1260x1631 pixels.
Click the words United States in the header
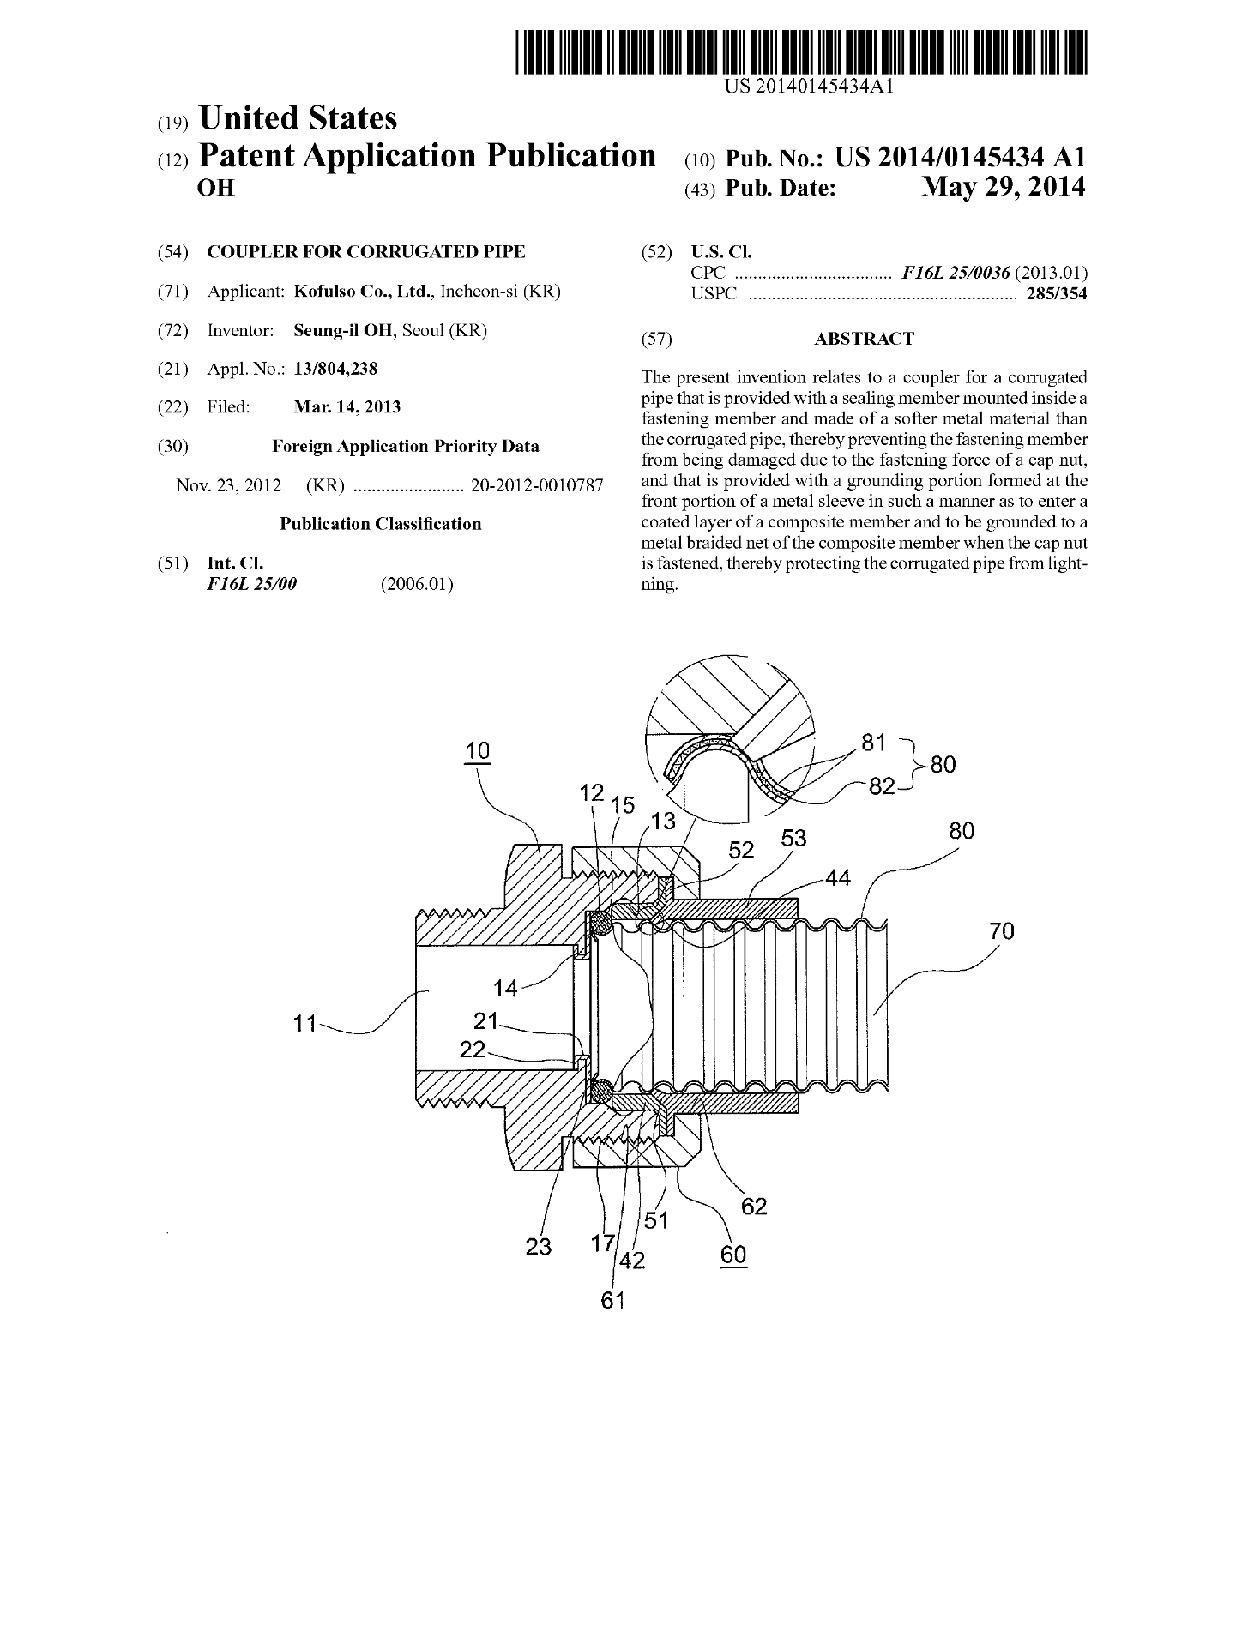pyautogui.click(x=298, y=118)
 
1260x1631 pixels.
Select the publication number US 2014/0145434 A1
pyautogui.click(x=960, y=157)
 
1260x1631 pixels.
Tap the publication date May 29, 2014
pyautogui.click(x=1003, y=187)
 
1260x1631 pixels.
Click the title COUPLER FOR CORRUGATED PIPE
pyautogui.click(x=366, y=251)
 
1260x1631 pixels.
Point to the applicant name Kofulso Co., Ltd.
pyautogui.click(x=365, y=291)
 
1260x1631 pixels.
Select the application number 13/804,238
pyautogui.click(x=335, y=369)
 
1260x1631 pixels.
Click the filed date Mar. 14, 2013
pyautogui.click(x=347, y=407)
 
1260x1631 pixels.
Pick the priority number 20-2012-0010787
pyautogui.click(x=537, y=485)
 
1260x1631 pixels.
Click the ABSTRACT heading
pyautogui.click(x=864, y=339)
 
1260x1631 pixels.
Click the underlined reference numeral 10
pyautogui.click(x=477, y=751)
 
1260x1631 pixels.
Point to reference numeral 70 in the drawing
pyautogui.click(x=1001, y=930)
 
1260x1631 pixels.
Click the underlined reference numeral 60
pyautogui.click(x=733, y=1255)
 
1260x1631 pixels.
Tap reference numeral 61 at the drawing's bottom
pyautogui.click(x=612, y=1300)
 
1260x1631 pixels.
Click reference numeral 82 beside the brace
pyautogui.click(x=882, y=785)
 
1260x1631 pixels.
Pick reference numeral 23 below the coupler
pyautogui.click(x=538, y=1246)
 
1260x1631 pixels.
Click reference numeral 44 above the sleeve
pyautogui.click(x=839, y=878)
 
